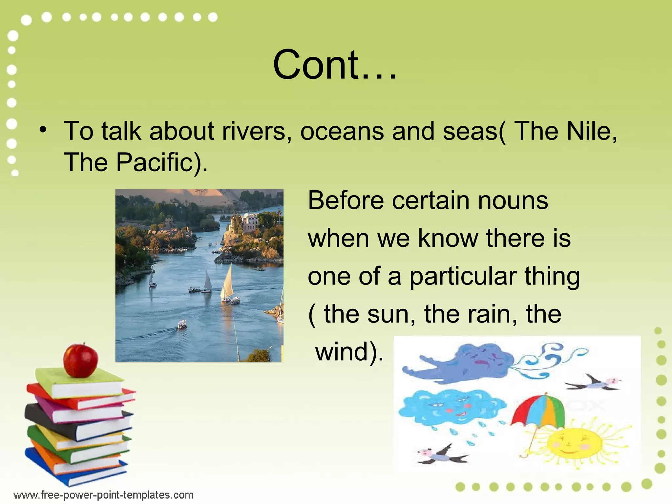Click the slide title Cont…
[x=335, y=64]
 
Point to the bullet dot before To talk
[x=43, y=130]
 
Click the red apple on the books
[x=80, y=360]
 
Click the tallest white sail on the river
[x=227, y=283]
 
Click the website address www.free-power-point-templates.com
[x=103, y=495]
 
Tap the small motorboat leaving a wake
[x=182, y=325]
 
